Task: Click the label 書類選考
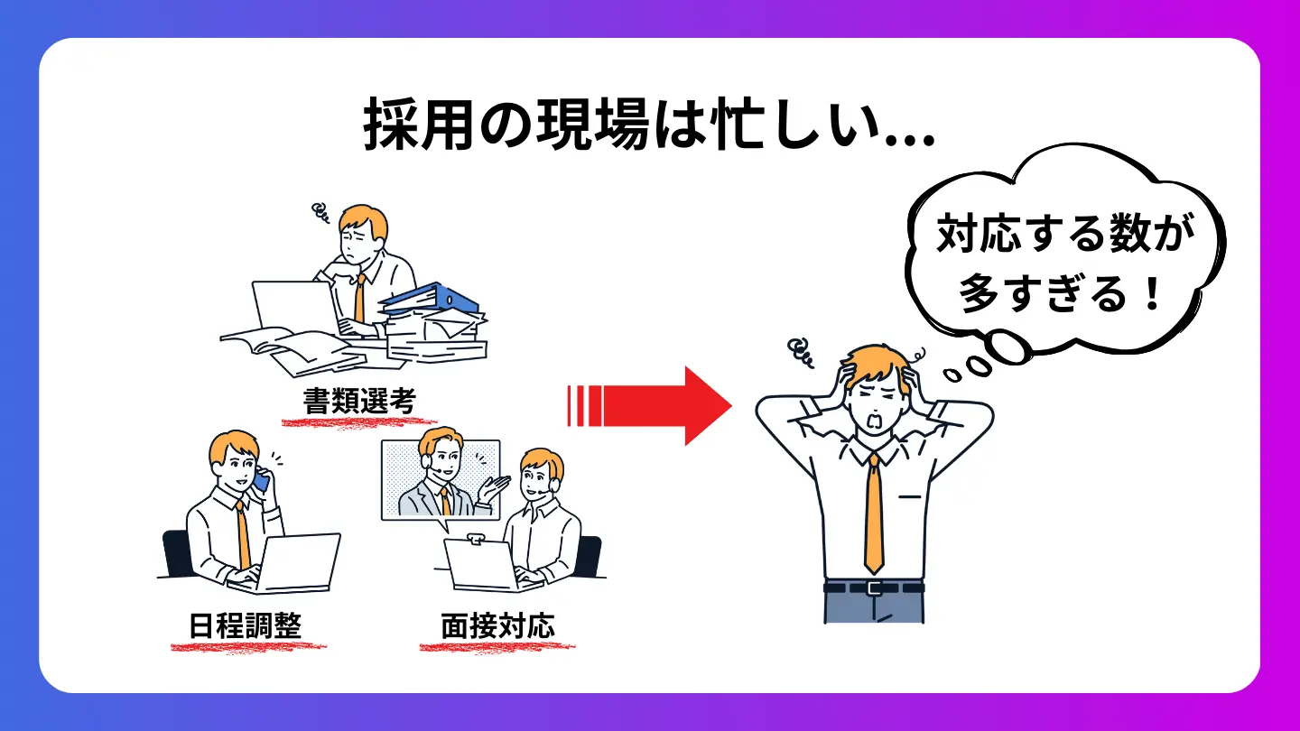point(359,401)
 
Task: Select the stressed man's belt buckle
point(873,588)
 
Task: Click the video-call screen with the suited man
point(441,480)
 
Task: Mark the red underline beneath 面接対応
point(497,646)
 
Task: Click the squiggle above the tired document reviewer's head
point(319,213)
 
